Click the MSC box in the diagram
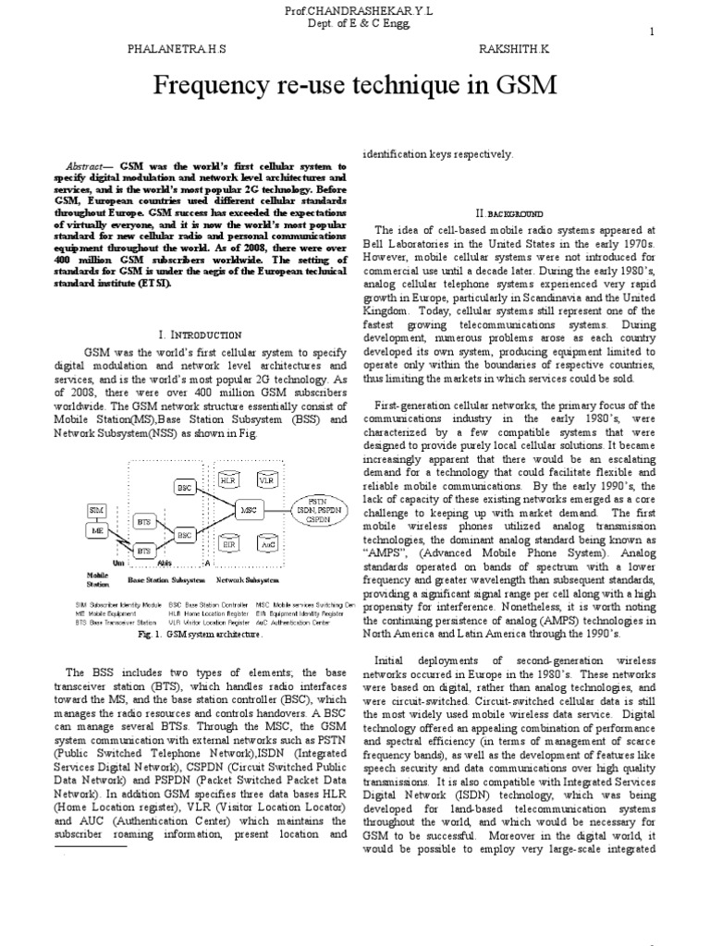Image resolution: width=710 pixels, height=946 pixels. [x=247, y=510]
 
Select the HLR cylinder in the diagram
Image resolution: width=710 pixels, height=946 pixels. [x=228, y=481]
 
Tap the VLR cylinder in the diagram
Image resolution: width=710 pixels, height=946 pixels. [x=267, y=481]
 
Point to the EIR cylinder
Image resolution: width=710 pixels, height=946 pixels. [x=228, y=545]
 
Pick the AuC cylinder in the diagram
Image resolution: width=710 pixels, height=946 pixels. [x=268, y=545]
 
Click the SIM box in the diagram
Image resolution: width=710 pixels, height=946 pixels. [x=97, y=510]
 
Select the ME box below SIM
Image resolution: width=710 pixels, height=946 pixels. [x=97, y=530]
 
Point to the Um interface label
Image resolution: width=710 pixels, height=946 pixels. [x=117, y=561]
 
